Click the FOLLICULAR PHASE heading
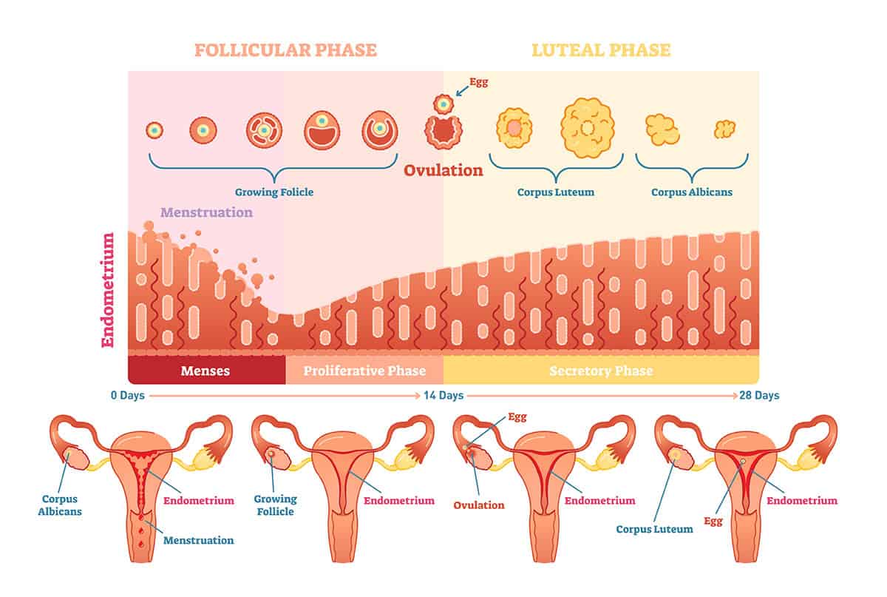tap(285, 50)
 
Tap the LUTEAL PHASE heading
tap(602, 50)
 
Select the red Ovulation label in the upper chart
tap(443, 171)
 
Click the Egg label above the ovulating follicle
tap(479, 82)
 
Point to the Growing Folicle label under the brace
tap(274, 192)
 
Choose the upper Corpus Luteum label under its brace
tap(556, 192)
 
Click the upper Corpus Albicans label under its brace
tap(692, 192)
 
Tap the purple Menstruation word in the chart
tap(207, 212)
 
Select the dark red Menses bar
tap(205, 371)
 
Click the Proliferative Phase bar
tap(365, 371)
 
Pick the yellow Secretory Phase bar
tap(601, 371)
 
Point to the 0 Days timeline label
tap(127, 396)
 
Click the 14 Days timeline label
tap(443, 396)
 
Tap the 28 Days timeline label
tap(759, 396)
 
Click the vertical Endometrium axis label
tap(108, 290)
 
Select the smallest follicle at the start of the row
tap(154, 130)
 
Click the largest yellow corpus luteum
tap(588, 127)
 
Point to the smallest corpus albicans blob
tap(724, 129)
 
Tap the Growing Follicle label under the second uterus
tap(274, 505)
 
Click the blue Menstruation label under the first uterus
tap(198, 540)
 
